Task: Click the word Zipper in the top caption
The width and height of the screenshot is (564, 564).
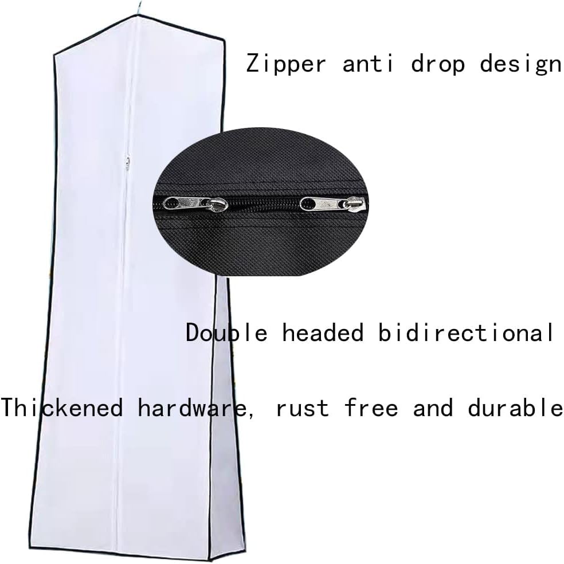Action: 285,64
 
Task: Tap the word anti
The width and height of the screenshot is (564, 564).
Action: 368,63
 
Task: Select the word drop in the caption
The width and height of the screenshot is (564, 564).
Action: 438,63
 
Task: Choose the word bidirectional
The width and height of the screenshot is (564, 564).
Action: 465,332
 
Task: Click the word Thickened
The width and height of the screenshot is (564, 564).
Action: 62,408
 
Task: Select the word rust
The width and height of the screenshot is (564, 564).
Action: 303,408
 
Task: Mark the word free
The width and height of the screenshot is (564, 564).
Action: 371,408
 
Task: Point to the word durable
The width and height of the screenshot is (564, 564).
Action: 515,408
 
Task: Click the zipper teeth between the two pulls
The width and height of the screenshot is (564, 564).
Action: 264,205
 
